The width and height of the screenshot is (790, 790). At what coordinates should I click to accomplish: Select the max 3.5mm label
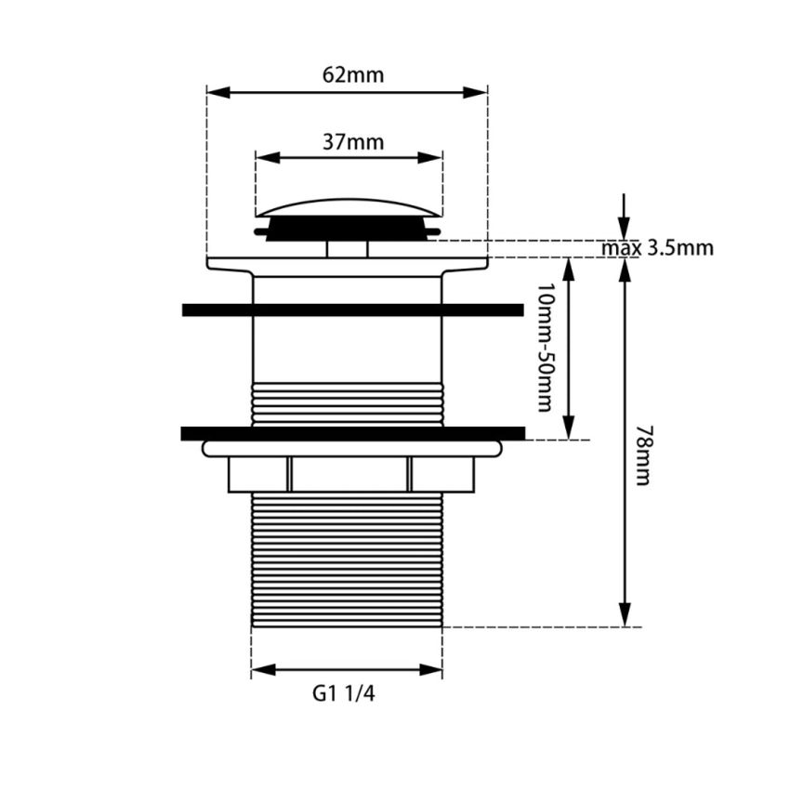pyautogui.click(x=656, y=248)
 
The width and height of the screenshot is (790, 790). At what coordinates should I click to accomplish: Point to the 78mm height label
pyautogui.click(x=642, y=454)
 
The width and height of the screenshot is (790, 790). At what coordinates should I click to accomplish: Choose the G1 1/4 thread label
pyautogui.click(x=345, y=693)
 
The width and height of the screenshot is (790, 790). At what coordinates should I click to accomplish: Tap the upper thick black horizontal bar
pyautogui.click(x=353, y=309)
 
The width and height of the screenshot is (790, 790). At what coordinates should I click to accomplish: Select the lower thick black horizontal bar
pyautogui.click(x=353, y=433)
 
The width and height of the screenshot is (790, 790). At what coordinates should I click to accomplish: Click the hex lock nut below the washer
pyautogui.click(x=350, y=475)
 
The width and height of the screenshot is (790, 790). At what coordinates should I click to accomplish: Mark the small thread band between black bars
pyautogui.click(x=347, y=402)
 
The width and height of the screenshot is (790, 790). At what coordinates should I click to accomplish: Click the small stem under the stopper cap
pyautogui.click(x=347, y=248)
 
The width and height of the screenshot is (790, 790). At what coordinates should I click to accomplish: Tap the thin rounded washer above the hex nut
pyautogui.click(x=351, y=449)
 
